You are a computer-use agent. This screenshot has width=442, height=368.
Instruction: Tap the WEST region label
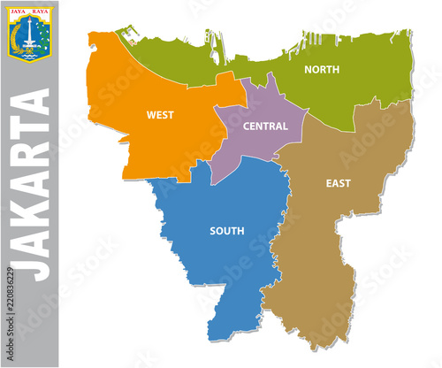160,114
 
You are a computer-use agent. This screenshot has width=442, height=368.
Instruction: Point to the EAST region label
338,183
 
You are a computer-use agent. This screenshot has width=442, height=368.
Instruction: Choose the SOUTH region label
227,231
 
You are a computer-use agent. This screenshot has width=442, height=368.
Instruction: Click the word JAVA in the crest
19,11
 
